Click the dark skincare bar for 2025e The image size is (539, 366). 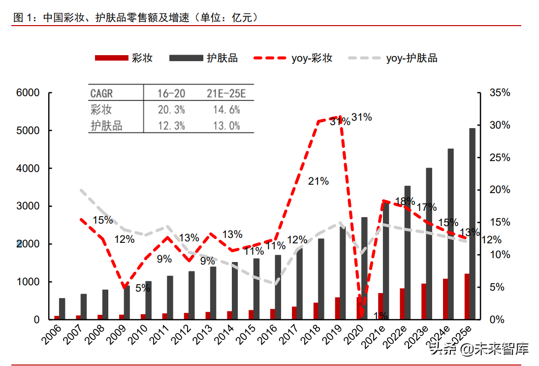click(472, 222)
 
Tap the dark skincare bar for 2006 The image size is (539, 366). click(62, 309)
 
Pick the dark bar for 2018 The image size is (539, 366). click(321, 279)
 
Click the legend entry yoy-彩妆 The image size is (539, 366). click(293, 58)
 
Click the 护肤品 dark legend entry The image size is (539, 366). click(203, 58)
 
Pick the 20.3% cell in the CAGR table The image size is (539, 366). click(171, 110)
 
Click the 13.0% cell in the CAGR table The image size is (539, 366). click(226, 126)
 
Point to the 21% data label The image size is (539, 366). click(318, 181)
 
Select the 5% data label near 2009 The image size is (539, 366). click(142, 288)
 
